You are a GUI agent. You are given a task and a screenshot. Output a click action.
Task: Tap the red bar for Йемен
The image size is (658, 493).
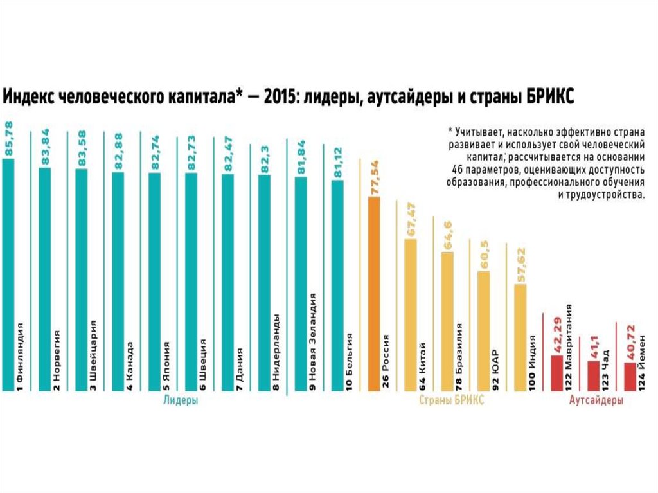point(630,376)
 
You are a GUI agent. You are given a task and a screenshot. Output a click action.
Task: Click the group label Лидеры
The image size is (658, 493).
point(181,400)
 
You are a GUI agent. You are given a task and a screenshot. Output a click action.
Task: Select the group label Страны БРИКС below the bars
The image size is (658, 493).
point(451,400)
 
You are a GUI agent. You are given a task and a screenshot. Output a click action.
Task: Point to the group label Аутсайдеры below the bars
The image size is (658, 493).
point(596,400)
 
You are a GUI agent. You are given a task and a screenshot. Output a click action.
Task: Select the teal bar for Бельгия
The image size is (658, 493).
point(337,285)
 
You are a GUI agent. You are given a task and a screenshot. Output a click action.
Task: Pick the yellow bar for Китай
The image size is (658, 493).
point(411,314)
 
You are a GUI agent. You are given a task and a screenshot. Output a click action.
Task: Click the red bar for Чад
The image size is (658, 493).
point(594,375)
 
